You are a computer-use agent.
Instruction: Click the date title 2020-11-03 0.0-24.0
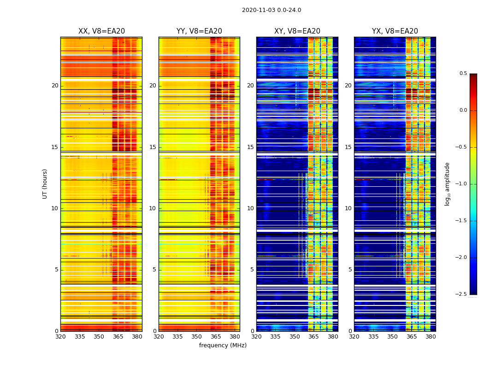click(272, 10)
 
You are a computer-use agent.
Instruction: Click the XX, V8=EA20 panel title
click(101, 31)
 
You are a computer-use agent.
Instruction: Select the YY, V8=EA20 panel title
click(199, 31)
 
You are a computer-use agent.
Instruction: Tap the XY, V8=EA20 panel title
click(297, 31)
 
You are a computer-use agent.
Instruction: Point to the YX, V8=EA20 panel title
click(395, 31)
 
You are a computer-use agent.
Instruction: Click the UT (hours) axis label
click(45, 184)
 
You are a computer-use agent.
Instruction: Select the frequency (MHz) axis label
click(223, 345)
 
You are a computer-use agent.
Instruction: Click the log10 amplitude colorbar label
click(447, 184)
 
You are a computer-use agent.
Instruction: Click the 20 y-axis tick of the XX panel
click(55, 86)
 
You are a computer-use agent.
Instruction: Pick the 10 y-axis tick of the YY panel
click(153, 208)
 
